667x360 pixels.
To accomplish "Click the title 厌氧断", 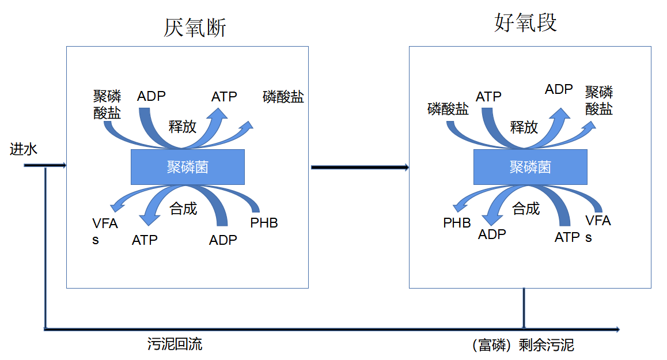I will tap(195, 28).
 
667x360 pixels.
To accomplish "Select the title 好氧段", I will tap(525, 23).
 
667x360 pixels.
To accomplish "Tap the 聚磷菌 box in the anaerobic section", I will tap(188, 167).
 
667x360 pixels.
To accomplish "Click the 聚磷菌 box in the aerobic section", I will tap(530, 167).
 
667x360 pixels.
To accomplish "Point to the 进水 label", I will tap(24, 150).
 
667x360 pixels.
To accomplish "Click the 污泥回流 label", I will tap(175, 344).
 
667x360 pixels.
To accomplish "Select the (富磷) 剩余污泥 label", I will tap(522, 345).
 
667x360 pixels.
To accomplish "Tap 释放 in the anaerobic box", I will tap(183, 127).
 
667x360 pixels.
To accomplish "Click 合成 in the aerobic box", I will tap(526, 209).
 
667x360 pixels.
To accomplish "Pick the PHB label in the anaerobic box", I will tap(264, 222).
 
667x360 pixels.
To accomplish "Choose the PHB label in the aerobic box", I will tap(457, 222).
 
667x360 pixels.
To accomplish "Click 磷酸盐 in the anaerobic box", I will tap(283, 97).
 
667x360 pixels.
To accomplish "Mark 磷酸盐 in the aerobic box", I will tap(448, 109).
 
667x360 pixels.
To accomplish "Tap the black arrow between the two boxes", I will tap(360, 168).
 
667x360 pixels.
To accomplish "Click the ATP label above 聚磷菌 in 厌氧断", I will tap(224, 96).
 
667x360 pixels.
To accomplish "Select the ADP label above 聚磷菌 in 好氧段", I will tap(559, 89).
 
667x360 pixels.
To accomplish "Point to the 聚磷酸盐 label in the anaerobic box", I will tap(107, 104).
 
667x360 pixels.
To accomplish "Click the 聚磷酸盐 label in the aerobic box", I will tap(599, 100).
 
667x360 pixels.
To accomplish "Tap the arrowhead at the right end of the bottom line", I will tap(617, 329).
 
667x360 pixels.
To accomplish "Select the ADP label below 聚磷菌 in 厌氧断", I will tap(223, 240).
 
